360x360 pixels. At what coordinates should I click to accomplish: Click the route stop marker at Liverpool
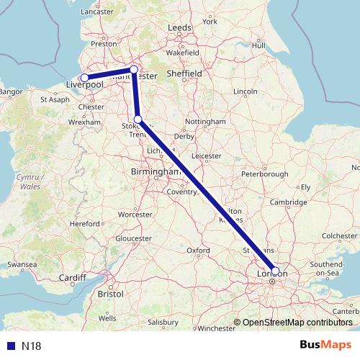[x=84, y=78]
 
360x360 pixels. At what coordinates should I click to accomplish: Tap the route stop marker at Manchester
[x=133, y=70]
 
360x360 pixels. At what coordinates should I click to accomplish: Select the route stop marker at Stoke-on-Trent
[x=138, y=120]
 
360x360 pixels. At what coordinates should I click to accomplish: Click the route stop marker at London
[x=275, y=271]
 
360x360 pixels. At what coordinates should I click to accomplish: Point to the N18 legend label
[x=31, y=346]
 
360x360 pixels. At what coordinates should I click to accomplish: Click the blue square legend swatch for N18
[x=11, y=346]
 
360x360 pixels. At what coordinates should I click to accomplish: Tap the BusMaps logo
[x=325, y=345]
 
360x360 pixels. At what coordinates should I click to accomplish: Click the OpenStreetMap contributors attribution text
[x=297, y=323]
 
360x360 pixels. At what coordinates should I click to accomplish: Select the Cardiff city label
[x=73, y=278]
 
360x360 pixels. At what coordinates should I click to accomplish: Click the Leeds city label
[x=180, y=27]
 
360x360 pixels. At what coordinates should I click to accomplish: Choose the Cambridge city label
[x=289, y=203]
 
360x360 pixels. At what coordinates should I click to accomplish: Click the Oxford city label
[x=198, y=251]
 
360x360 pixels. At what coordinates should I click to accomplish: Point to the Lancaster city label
[x=99, y=12]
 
